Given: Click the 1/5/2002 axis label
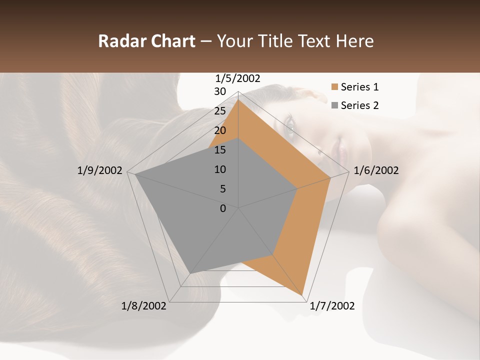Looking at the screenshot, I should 238,78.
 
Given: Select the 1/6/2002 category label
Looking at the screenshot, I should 376,170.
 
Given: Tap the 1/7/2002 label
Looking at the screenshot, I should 332,306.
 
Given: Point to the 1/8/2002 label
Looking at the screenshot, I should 144,306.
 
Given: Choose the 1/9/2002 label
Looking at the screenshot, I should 100,170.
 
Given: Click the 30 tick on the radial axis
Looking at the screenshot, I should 220,91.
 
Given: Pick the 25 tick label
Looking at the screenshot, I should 220,111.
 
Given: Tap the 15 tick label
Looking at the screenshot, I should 220,150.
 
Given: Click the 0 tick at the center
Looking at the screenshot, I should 223,208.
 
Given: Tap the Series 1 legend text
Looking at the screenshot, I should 359,87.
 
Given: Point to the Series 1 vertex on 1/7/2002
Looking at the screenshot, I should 302,294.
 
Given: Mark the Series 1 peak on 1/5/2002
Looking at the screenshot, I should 238,99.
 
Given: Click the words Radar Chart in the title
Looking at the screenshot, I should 146,41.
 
